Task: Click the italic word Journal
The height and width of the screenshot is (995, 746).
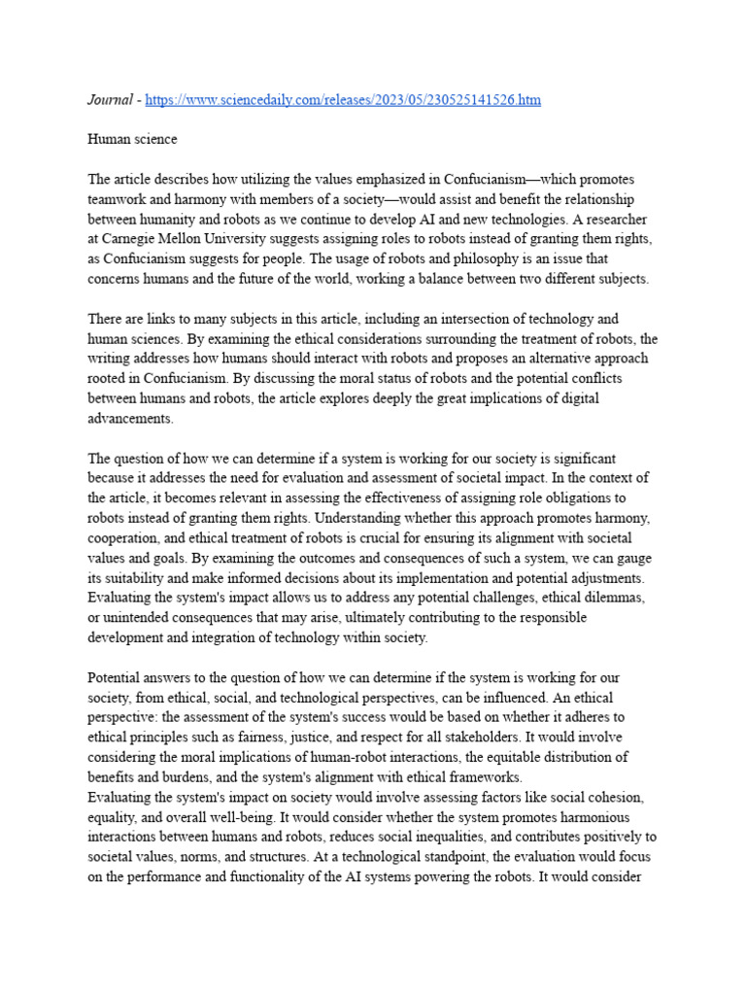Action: coord(109,100)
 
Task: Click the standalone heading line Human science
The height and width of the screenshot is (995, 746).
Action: coord(132,139)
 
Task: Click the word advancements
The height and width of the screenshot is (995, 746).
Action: coord(131,418)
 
